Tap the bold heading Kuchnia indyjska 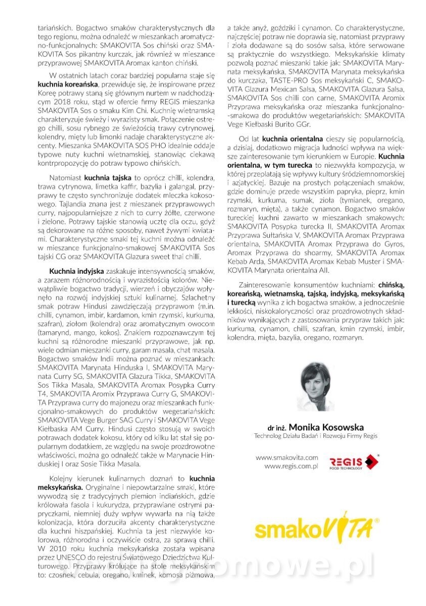tap(76, 271)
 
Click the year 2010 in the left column tap(55, 547)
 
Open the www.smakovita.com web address tap(287, 458)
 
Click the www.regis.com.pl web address tap(291, 467)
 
